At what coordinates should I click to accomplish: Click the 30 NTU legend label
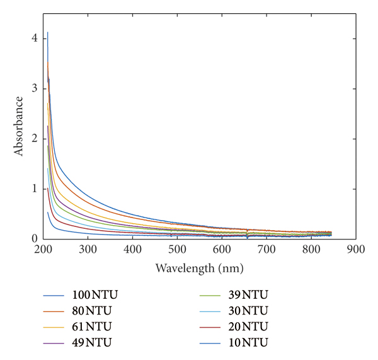248,311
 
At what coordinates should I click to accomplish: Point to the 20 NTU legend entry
248,327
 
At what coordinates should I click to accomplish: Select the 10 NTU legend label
248,342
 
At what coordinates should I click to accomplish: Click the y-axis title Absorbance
19,126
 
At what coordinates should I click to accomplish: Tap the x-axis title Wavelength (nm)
199,267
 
